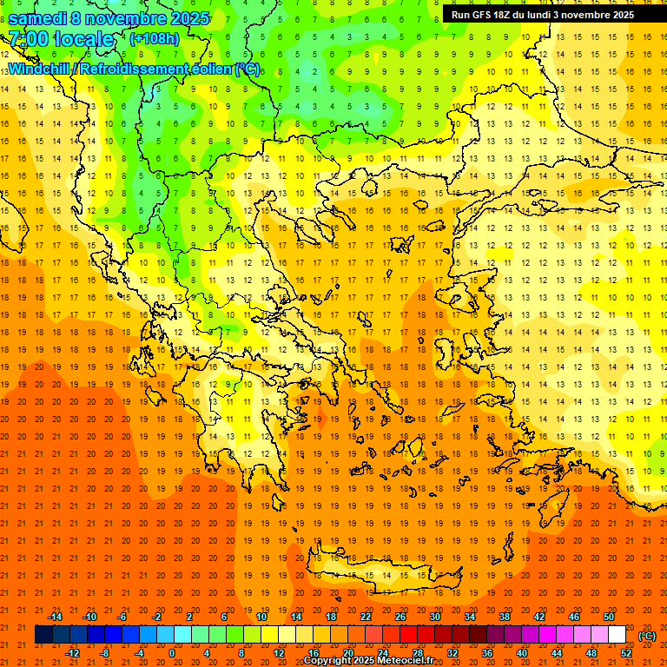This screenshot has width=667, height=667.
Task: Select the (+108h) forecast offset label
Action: (x=154, y=39)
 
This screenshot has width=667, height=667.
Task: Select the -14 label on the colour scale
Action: (x=55, y=617)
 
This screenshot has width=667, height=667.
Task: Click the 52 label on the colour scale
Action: (x=627, y=653)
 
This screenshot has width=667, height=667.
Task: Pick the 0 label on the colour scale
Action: (x=172, y=653)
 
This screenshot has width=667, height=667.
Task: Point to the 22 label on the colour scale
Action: (x=366, y=617)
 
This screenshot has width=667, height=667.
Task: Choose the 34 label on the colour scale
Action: (x=470, y=617)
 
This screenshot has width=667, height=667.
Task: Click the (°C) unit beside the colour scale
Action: (x=646, y=636)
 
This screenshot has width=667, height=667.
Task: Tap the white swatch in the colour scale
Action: (x=617, y=635)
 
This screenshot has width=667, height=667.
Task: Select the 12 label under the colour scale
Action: (x=279, y=653)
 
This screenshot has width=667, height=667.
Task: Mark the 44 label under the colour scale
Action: (x=557, y=653)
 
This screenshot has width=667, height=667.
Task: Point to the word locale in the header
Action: (x=83, y=39)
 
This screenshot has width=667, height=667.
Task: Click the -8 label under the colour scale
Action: (x=105, y=653)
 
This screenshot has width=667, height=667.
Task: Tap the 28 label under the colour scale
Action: (x=418, y=653)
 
